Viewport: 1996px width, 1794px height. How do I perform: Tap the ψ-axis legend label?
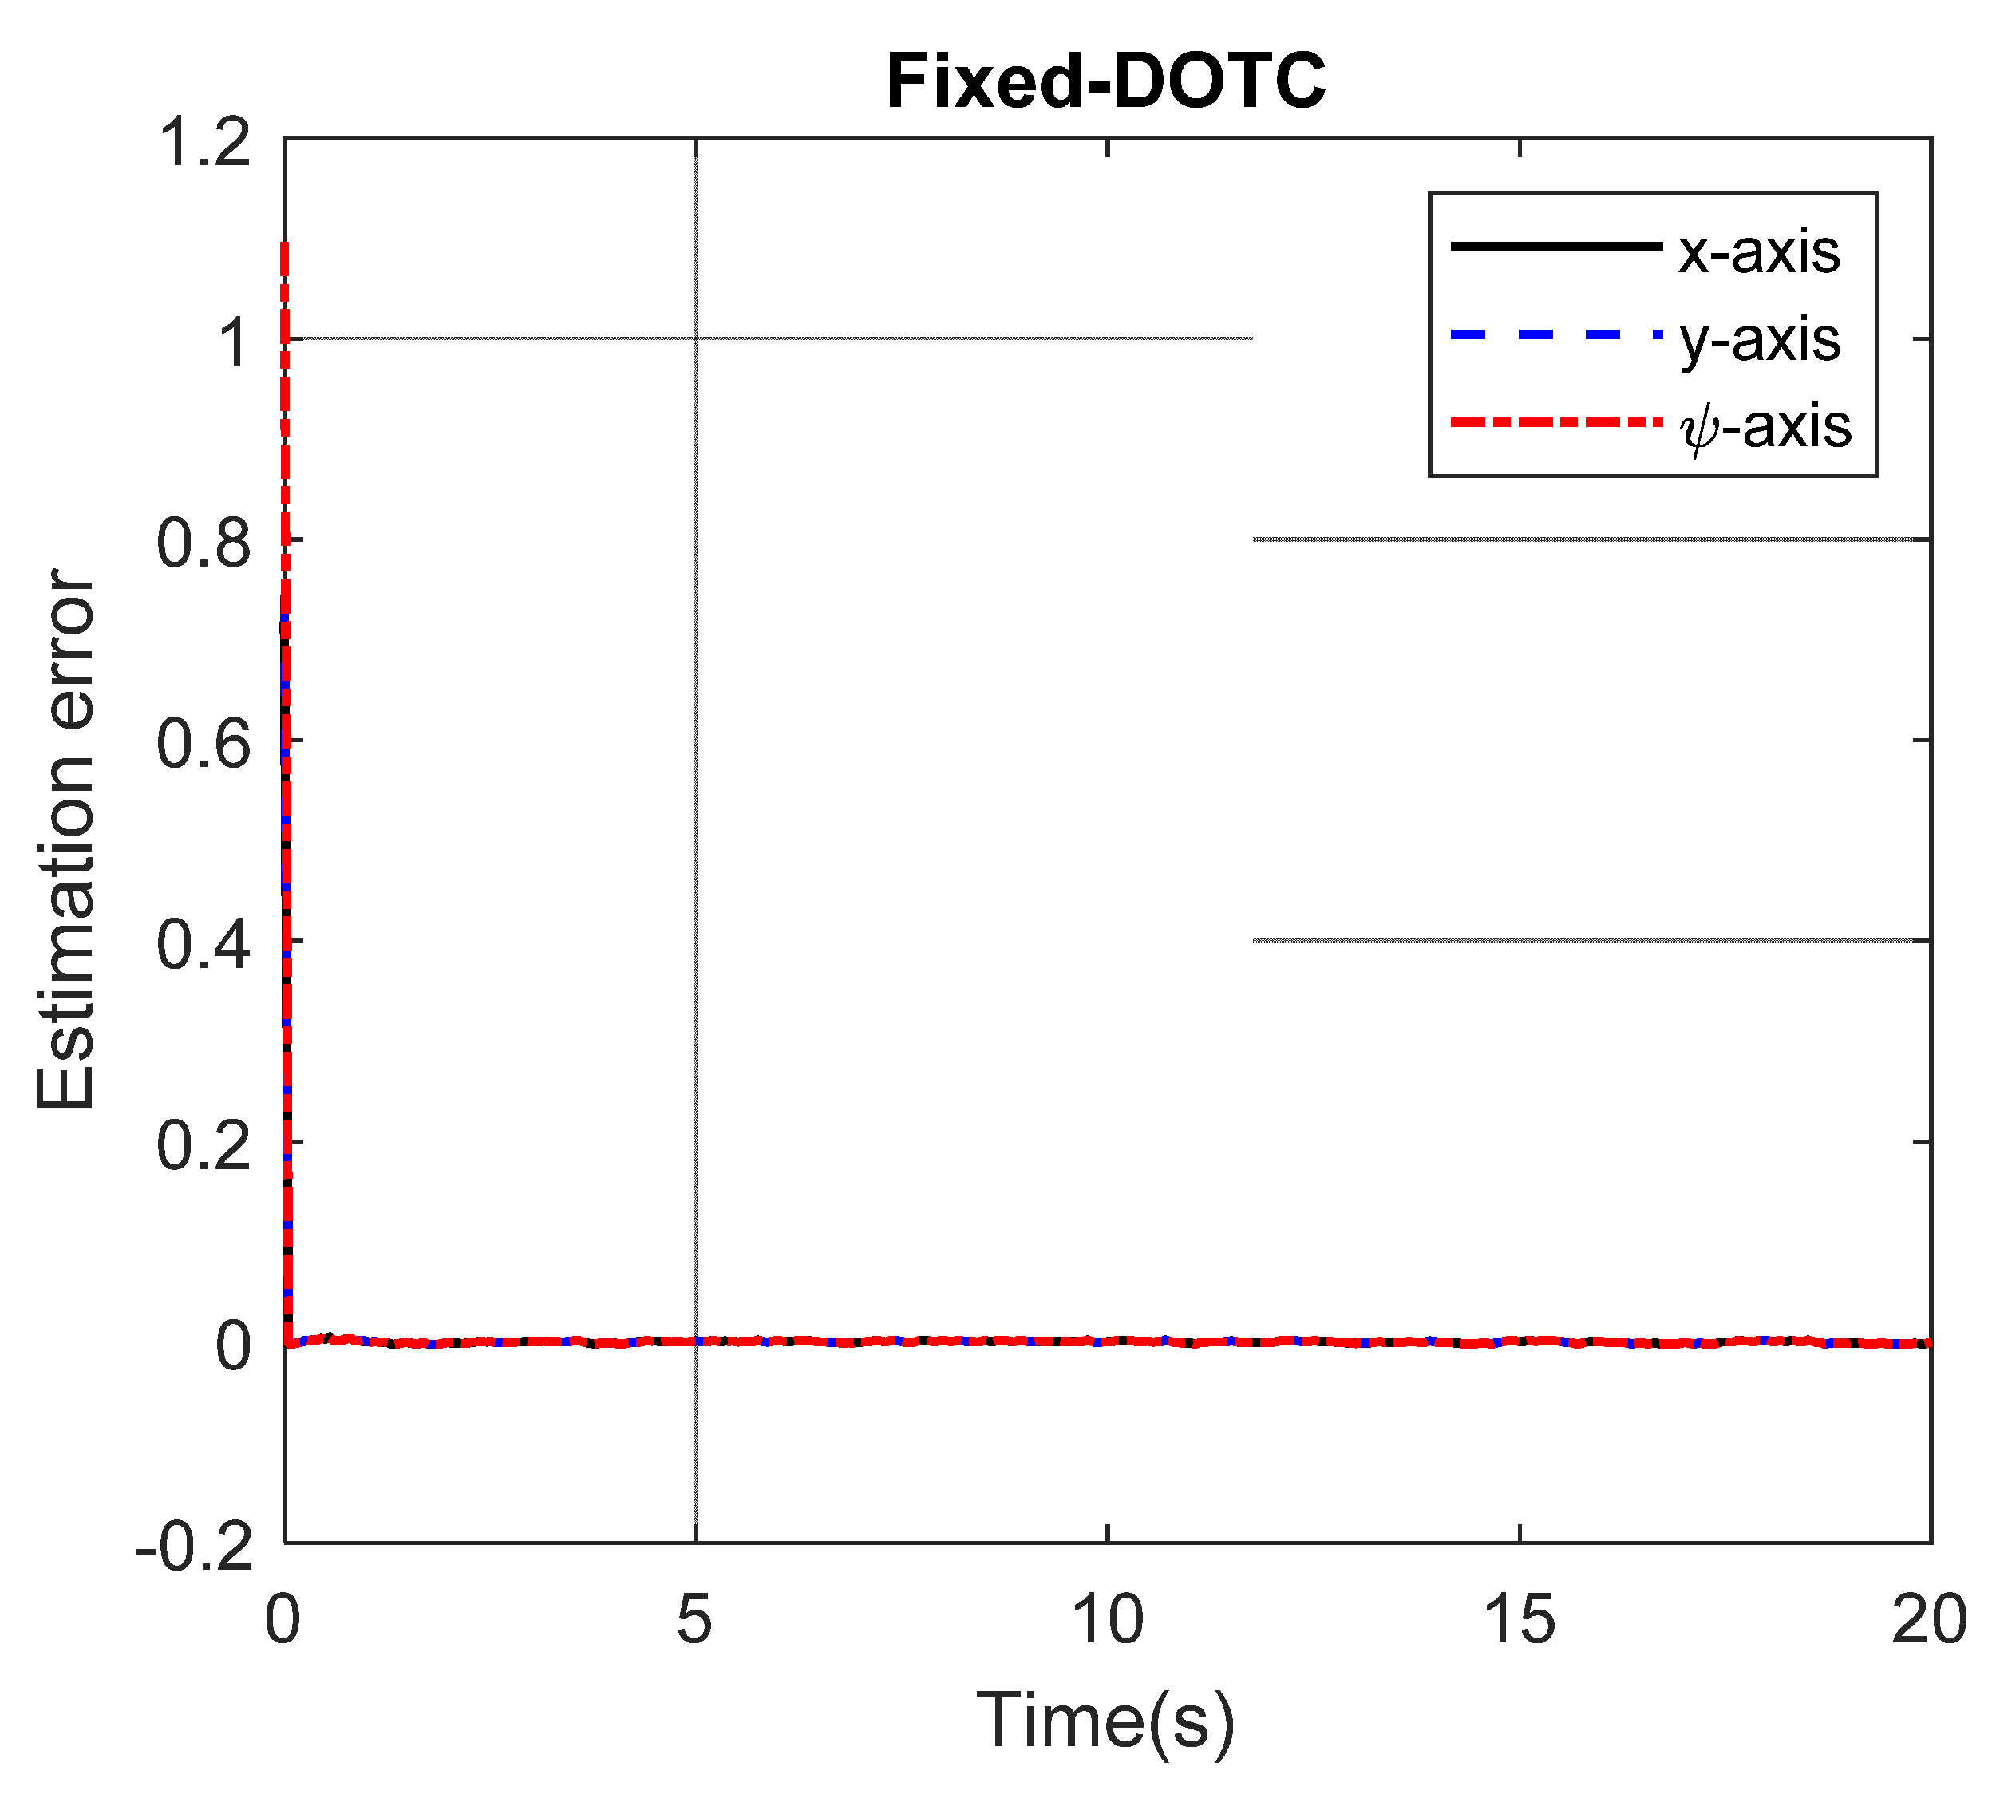point(1765,427)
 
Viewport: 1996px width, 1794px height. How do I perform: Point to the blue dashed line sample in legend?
point(1555,334)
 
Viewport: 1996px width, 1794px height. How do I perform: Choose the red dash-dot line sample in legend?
point(1555,422)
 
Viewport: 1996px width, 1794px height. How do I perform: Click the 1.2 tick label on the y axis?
point(204,142)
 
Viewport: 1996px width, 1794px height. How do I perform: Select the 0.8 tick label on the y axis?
point(204,543)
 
